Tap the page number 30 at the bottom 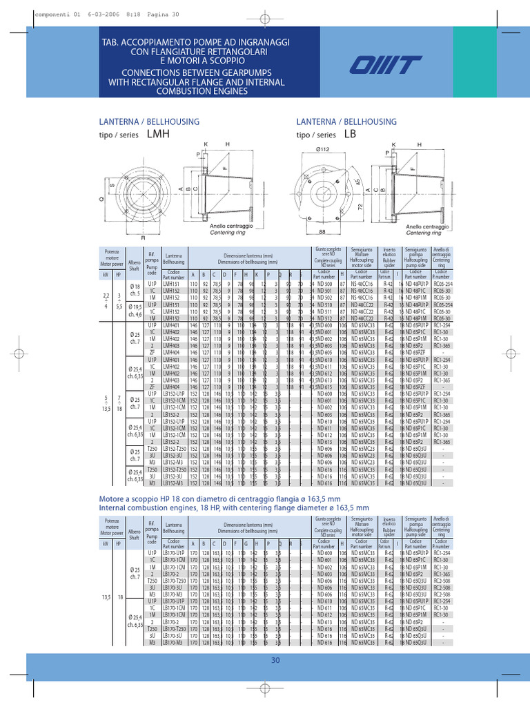tap(275, 661)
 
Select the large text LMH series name tap(158, 135)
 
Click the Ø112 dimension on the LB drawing tap(324, 150)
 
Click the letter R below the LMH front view tap(143, 238)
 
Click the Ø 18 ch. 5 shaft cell tap(135, 290)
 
